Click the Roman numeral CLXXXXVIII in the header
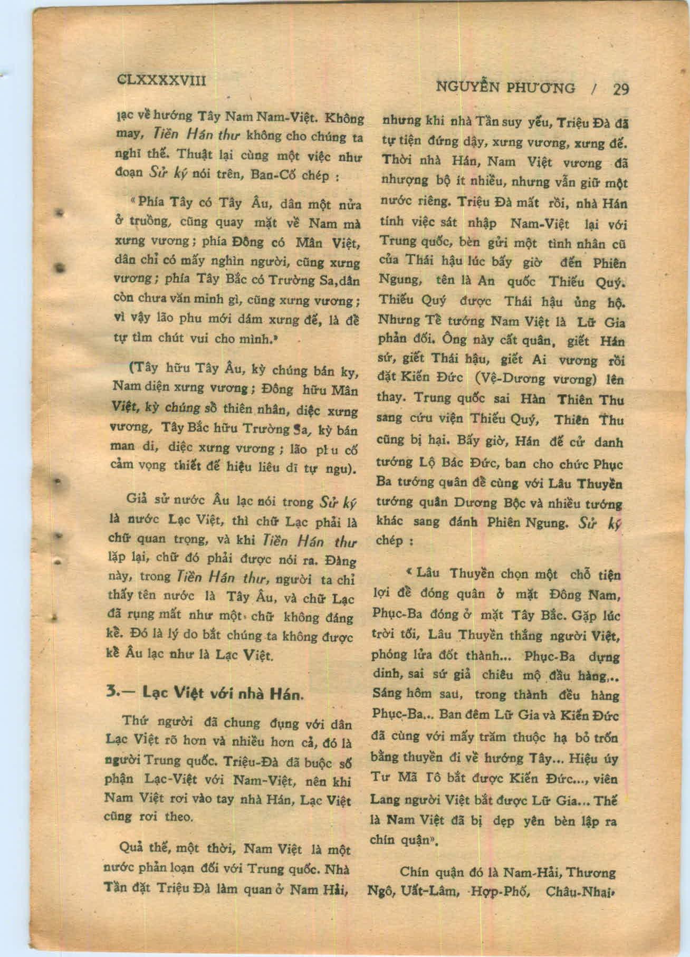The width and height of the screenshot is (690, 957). [x=160, y=80]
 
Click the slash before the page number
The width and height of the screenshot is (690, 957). [x=595, y=89]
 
